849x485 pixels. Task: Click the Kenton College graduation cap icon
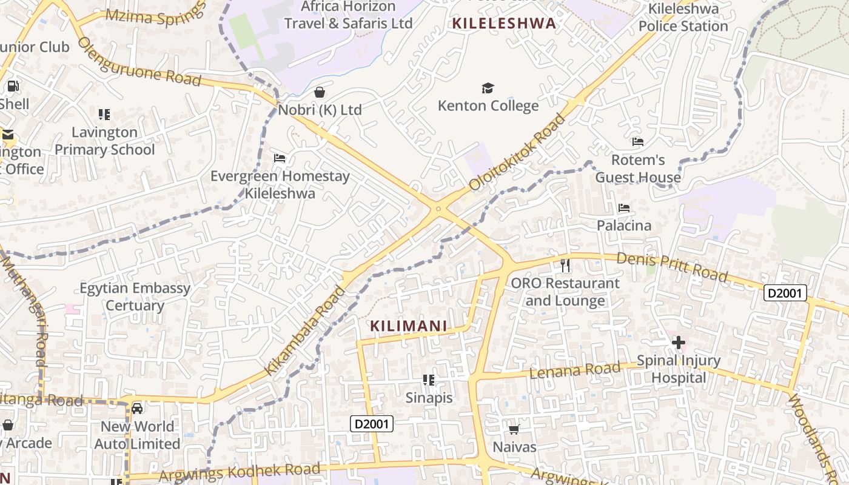[x=488, y=89]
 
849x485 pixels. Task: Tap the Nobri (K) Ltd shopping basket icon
[x=320, y=93]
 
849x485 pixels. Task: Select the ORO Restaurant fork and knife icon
[x=565, y=266]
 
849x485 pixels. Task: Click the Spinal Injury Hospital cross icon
[x=679, y=343]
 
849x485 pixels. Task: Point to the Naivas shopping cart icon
[x=514, y=430]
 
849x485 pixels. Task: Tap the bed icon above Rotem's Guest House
[x=638, y=142]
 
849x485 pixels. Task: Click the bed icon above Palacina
[x=624, y=208]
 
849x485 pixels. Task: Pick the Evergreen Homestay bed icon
[x=280, y=158]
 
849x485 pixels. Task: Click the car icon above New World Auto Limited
[x=137, y=409]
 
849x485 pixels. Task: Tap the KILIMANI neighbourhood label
[x=409, y=326]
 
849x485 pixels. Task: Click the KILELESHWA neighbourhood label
[x=504, y=24]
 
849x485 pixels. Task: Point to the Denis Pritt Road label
[x=672, y=267]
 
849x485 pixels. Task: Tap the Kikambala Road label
[x=304, y=330]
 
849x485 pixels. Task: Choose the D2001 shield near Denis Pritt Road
[x=785, y=293]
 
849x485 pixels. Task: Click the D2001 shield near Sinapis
[x=372, y=424]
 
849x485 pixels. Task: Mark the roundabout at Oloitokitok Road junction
[x=438, y=209]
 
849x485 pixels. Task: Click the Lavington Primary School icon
[x=104, y=115]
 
